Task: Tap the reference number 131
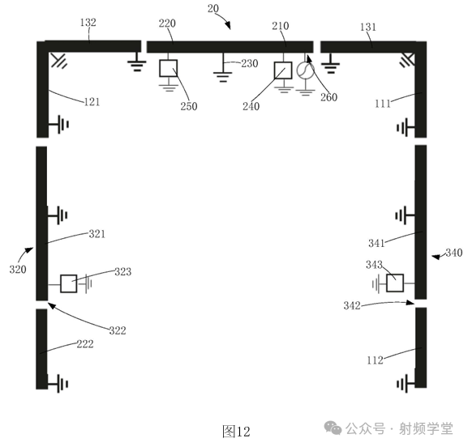367,27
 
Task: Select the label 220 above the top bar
167,24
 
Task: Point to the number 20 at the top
213,8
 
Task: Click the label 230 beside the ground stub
248,63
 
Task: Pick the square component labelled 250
168,68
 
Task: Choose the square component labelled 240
283,70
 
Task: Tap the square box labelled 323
69,283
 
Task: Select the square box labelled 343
395,283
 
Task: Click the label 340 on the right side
453,253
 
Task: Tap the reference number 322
118,330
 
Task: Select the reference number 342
352,305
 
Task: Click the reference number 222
85,344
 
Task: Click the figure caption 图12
236,430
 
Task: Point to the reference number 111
384,104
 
